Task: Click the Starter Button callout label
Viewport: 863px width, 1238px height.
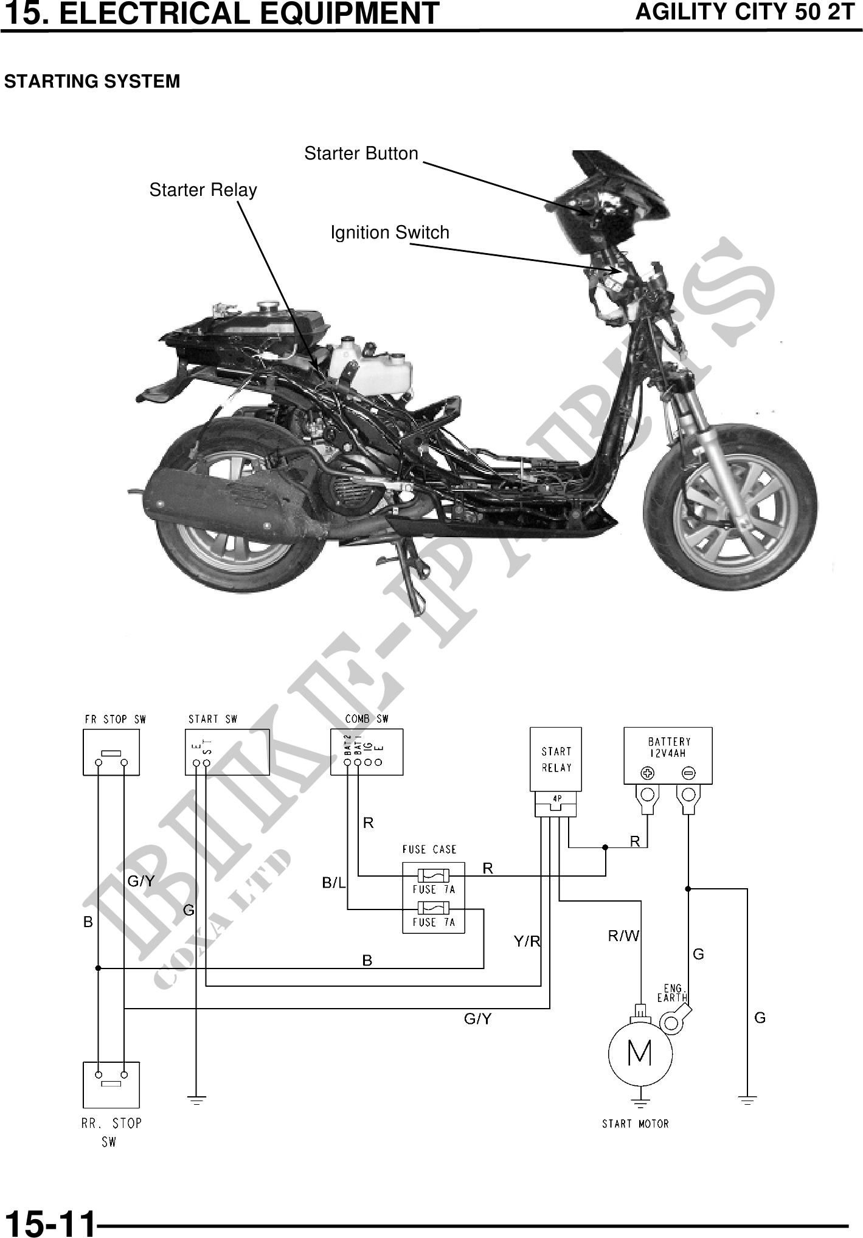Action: click(361, 153)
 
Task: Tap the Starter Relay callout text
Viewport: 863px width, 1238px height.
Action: click(203, 190)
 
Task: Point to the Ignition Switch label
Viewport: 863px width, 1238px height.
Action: click(390, 232)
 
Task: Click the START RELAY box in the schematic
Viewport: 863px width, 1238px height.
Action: click(556, 759)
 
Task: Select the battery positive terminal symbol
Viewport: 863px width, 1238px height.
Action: click(647, 773)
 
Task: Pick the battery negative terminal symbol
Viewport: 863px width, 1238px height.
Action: click(688, 773)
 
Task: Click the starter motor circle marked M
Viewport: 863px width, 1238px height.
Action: click(640, 1053)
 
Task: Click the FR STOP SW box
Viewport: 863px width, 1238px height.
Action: click(111, 753)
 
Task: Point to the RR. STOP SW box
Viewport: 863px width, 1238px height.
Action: click(111, 1085)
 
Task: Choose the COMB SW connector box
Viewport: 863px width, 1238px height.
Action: click(366, 753)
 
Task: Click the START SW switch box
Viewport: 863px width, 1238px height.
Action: click(227, 753)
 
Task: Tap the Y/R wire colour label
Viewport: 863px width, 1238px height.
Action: click(527, 942)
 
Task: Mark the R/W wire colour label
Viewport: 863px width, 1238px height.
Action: click(624, 936)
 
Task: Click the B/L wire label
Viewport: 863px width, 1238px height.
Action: click(333, 883)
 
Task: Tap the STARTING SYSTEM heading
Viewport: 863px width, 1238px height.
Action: click(92, 82)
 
